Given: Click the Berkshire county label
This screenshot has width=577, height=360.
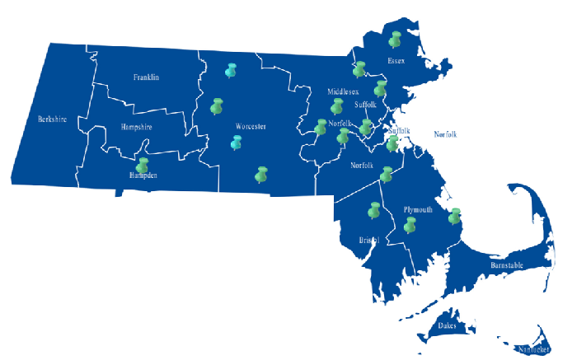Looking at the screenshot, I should pyautogui.click(x=52, y=119).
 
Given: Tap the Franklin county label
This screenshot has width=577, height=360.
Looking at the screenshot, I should pyautogui.click(x=146, y=77).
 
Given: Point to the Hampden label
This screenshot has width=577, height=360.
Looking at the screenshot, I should pyautogui.click(x=143, y=175).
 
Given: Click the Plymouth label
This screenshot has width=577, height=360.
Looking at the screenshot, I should pyautogui.click(x=418, y=210).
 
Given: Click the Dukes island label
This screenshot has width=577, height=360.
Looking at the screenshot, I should pyautogui.click(x=448, y=325).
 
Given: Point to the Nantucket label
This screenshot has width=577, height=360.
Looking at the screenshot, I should pyautogui.click(x=533, y=349).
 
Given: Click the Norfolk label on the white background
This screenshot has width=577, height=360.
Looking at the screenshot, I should pyautogui.click(x=445, y=134).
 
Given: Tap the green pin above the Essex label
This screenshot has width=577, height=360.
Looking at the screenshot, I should pyautogui.click(x=395, y=39).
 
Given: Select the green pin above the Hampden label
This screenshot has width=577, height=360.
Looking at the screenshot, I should pyautogui.click(x=143, y=165).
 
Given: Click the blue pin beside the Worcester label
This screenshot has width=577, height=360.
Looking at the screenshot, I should pyautogui.click(x=237, y=143).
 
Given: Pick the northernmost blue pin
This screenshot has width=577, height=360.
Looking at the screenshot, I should pyautogui.click(x=231, y=69).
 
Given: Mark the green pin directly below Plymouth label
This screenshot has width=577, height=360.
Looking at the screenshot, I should pyautogui.click(x=410, y=224).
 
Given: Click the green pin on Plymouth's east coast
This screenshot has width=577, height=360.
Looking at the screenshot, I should pyautogui.click(x=454, y=216).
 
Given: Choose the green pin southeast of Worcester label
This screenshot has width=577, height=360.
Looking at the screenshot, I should pyautogui.click(x=262, y=174).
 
